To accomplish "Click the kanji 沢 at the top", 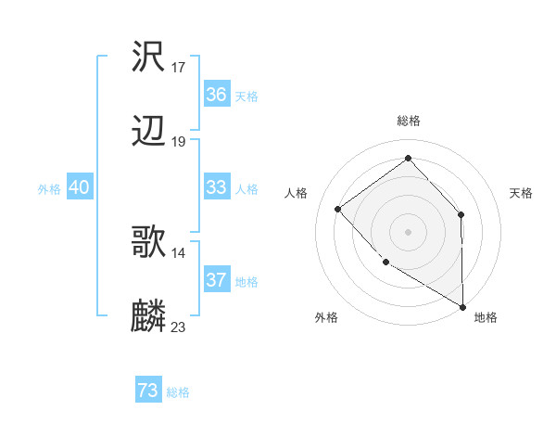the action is point(148,58).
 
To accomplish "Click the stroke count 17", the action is point(179,68).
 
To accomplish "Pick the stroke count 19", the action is point(179,142).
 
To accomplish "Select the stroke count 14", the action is point(179,252).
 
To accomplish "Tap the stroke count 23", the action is point(179,327).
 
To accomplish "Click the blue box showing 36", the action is point(217,95).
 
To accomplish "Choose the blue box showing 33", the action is point(217,187).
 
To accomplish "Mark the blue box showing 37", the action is point(217,280).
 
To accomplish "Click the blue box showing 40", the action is point(80,187).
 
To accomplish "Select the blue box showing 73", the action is point(148,391).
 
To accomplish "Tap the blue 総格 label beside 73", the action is point(178,392).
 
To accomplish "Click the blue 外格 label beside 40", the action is point(49,189).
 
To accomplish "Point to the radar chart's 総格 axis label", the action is point(408,121).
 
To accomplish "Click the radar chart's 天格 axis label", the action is point(521,193).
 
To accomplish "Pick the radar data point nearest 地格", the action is point(462,306).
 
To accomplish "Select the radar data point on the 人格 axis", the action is point(338,209).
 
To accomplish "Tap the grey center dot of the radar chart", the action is point(408,231).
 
